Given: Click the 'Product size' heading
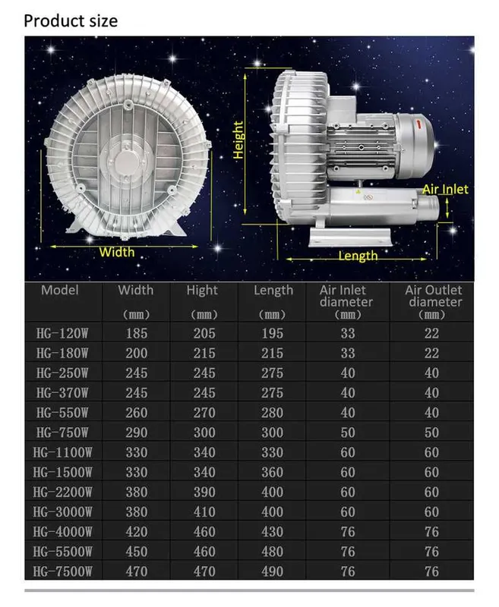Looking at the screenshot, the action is coord(71,21).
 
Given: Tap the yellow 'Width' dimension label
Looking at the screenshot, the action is coord(117,252).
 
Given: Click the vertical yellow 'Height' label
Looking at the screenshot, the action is coord(238,140).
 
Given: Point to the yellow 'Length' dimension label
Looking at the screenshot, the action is coord(358,256).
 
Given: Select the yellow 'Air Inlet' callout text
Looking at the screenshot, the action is coord(445,189).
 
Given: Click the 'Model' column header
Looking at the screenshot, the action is coord(60,290).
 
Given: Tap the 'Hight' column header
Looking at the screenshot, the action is coord(202,291).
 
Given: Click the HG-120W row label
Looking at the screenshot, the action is coord(62,333).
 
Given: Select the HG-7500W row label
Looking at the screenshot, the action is coord(63,571).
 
